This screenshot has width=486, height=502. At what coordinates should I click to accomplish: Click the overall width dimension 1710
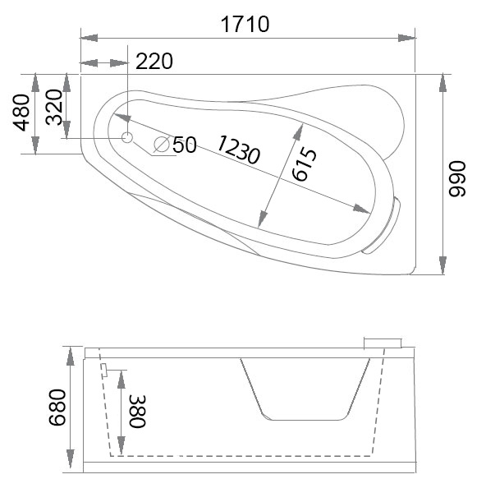point(245,24)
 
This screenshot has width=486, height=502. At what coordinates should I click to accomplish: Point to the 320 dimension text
point(54,107)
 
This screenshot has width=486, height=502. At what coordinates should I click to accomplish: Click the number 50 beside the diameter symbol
point(185,145)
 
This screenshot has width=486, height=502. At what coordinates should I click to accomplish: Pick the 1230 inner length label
point(238,149)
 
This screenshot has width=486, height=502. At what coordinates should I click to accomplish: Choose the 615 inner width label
point(303,163)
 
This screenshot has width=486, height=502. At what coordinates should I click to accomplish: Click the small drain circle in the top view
point(127,137)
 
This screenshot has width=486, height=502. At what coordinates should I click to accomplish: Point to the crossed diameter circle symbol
point(162,145)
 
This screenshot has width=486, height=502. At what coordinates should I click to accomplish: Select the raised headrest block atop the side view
point(383,341)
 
